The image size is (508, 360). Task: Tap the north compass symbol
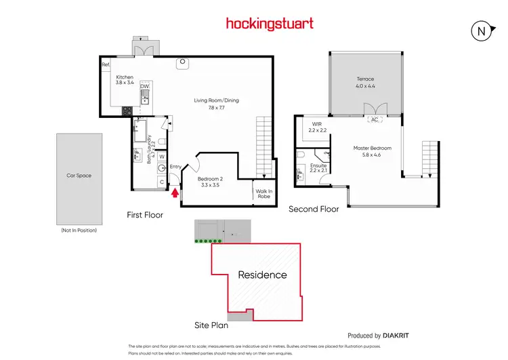(480, 30)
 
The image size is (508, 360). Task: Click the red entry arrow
(177, 193)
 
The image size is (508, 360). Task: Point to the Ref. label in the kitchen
(106, 64)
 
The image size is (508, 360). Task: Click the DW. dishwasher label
(144, 86)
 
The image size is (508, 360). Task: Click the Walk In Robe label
(263, 194)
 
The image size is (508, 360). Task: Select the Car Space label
(79, 176)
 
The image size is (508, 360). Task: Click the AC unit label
(373, 120)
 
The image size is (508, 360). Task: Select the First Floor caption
(145, 215)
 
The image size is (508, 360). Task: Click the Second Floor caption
(314, 209)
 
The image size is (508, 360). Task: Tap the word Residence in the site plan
(262, 275)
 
